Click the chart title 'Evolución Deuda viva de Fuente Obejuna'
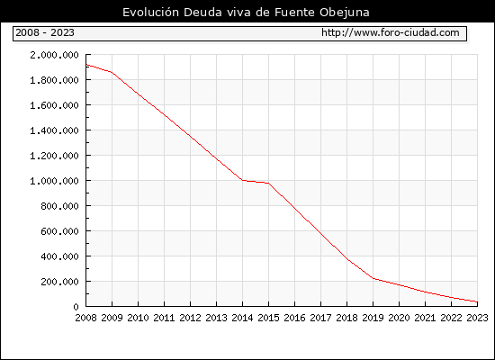(x=246, y=13)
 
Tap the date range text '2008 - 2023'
(x=45, y=32)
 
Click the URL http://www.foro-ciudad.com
(x=391, y=32)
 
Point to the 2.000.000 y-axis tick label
(x=54, y=55)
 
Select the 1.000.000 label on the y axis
(x=54, y=181)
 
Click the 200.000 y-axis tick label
(x=59, y=282)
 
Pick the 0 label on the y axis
(x=76, y=307)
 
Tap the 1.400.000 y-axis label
(x=54, y=130)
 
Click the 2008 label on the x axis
(x=85, y=318)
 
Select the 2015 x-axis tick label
(x=269, y=318)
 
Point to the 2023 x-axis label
(x=477, y=318)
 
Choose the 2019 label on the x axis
(x=373, y=318)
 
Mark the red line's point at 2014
(x=242, y=180)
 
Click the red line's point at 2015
(x=269, y=184)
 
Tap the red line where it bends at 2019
(x=373, y=278)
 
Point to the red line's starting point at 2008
(x=86, y=65)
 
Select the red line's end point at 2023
(x=477, y=301)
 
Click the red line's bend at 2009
(x=112, y=72)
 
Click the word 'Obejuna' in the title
(x=345, y=13)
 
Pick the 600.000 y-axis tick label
(x=59, y=231)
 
